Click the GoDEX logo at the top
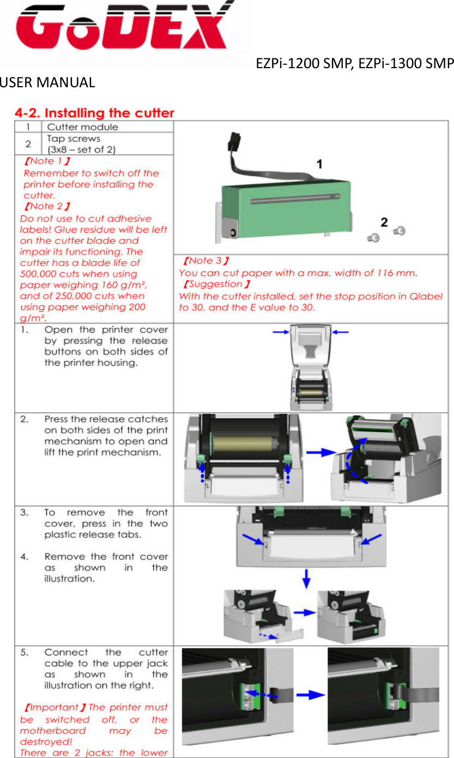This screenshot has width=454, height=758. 123,26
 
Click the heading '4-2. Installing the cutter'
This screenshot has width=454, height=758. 94,113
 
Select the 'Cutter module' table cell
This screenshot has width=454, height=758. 82,127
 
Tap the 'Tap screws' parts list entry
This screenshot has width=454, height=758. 74,139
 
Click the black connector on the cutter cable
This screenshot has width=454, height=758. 234,140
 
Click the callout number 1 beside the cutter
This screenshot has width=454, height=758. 320,164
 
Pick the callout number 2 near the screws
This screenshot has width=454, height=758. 384,222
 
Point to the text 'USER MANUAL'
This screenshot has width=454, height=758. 47,83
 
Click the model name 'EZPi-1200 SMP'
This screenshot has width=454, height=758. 305,64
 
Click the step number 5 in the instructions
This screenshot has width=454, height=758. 25,652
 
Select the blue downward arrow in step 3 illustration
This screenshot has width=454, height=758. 307,579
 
